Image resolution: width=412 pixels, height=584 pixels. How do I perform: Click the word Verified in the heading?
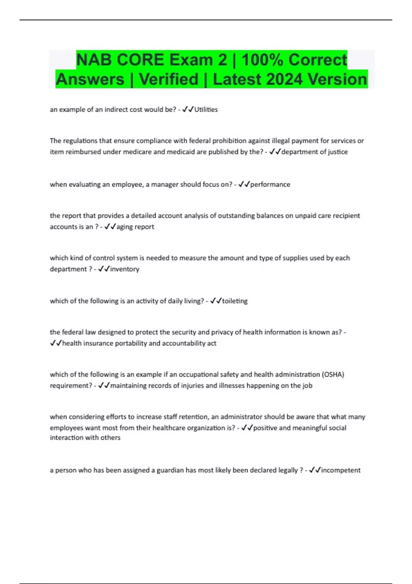(169, 79)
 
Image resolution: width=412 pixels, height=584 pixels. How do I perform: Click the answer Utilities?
(206, 110)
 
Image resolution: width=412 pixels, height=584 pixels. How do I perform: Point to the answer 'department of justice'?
(314, 152)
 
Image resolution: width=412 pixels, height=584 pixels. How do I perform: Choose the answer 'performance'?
(270, 184)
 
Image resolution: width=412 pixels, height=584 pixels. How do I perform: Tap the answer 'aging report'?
(135, 227)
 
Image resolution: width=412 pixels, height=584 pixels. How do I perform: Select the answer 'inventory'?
(125, 269)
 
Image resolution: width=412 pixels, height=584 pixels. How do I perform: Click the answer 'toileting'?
(235, 301)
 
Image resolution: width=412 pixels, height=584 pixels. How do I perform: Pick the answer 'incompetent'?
(341, 470)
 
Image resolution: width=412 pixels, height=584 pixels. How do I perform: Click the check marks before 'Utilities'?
(188, 110)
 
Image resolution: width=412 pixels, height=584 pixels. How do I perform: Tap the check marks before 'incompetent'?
(314, 470)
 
